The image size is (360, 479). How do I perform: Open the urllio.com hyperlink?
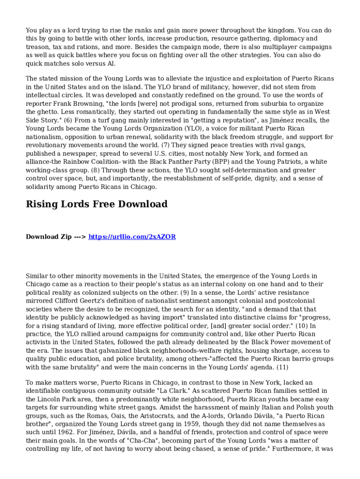click(x=132, y=237)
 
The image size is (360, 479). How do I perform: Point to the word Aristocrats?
click(x=136, y=416)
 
